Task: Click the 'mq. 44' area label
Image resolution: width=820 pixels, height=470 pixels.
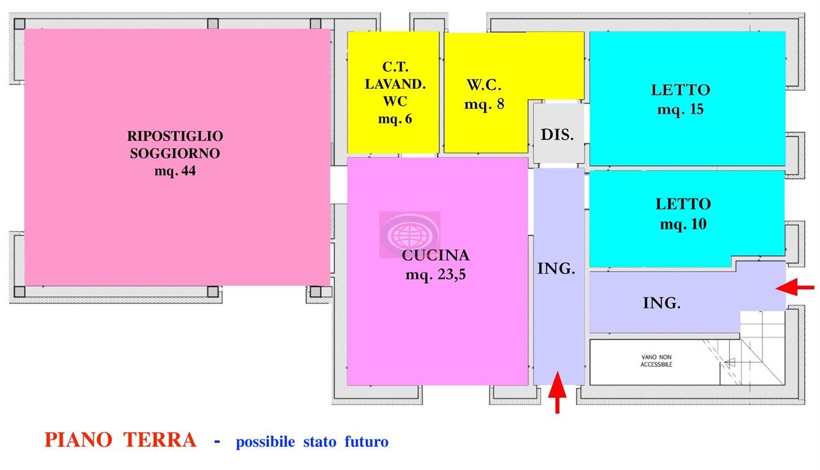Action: [175, 171]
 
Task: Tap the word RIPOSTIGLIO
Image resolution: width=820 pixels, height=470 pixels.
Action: [175, 135]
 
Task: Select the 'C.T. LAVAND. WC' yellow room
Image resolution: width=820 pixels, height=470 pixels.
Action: [393, 92]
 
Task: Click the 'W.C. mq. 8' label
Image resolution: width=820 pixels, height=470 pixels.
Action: [484, 94]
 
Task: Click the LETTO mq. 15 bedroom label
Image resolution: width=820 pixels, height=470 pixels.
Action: [680, 99]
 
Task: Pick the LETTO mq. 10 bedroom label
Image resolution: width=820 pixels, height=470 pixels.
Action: [683, 214]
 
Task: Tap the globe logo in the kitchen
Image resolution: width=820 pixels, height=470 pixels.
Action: [409, 234]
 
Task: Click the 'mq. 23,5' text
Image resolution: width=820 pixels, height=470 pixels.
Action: [435, 275]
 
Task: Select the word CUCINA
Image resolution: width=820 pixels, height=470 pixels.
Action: [435, 255]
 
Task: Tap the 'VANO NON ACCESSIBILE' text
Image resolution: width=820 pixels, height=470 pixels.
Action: [657, 360]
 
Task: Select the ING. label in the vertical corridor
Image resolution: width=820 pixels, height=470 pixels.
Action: [556, 268]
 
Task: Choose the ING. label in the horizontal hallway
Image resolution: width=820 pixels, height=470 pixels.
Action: [662, 302]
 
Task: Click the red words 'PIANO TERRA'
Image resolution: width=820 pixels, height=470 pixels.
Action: [121, 439]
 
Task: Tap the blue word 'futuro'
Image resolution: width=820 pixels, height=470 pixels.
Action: [366, 441]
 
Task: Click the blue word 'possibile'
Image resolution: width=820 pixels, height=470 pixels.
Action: [265, 441]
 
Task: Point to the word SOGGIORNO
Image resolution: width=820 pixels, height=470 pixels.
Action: [175, 153]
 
